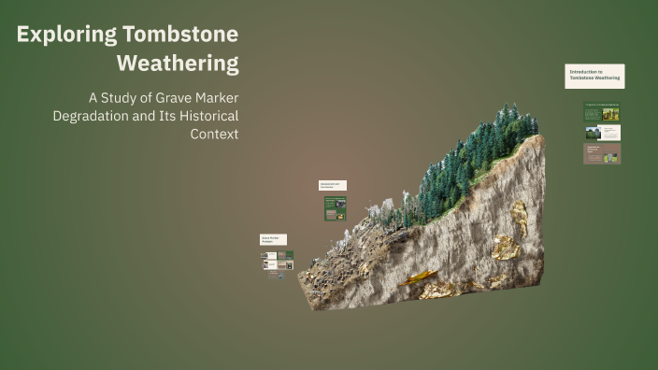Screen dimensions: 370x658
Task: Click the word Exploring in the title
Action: pos(66,36)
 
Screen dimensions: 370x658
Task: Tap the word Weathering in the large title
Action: pos(178,64)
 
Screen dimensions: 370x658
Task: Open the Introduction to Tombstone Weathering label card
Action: pos(595,76)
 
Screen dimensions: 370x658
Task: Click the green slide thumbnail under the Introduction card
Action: pos(602,112)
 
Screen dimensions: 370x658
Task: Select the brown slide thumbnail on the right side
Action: pos(602,153)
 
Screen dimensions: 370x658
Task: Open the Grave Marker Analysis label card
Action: pos(273,240)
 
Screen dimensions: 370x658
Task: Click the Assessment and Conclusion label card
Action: pos(333,185)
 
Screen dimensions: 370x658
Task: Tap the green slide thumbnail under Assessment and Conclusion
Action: pos(336,208)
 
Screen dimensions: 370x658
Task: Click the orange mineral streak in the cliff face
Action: pos(419,277)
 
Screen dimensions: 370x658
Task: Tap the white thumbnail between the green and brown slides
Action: pos(609,133)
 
